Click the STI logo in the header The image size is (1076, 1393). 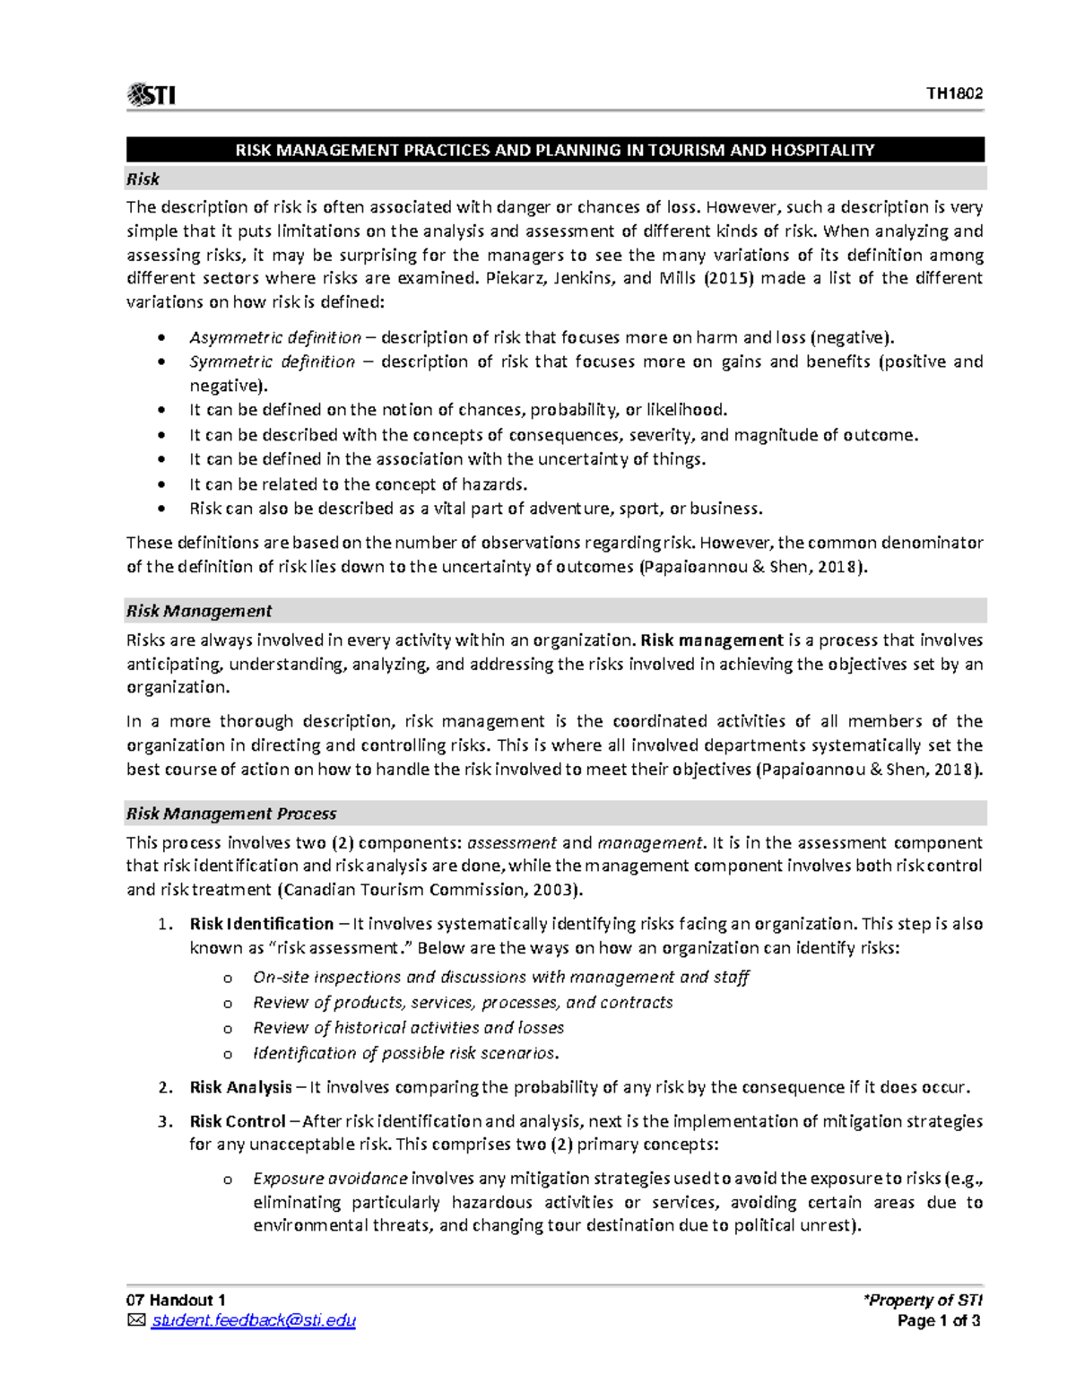coord(151,94)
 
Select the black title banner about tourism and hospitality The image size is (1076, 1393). coord(555,150)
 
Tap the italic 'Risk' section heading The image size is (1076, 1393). coord(143,179)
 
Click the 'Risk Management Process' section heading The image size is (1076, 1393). coord(231,814)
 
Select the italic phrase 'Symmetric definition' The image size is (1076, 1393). coord(273,362)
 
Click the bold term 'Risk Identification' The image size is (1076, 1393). coord(262,924)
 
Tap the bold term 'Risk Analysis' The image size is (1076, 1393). coord(240,1087)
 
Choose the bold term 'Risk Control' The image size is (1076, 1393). coord(238,1121)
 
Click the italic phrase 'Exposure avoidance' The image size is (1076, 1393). coord(330,1179)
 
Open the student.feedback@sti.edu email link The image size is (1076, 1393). coord(254,1320)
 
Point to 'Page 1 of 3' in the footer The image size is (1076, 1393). coord(939,1320)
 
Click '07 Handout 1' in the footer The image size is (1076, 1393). coord(176,1300)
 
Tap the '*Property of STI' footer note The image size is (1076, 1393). coord(923,1300)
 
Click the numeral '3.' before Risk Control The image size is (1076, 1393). coord(164,1121)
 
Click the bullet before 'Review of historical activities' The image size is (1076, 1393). coord(228,1029)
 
